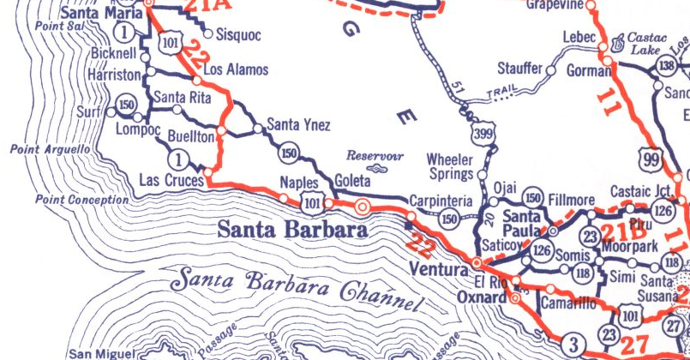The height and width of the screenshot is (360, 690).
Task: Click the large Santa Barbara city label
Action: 291,231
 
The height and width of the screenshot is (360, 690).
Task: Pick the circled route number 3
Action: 573,345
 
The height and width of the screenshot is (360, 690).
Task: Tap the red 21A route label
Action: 209,6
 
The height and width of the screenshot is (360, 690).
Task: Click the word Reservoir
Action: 374,156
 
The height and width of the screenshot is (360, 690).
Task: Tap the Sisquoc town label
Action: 237,36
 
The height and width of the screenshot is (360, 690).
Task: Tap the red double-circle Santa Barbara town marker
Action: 363,207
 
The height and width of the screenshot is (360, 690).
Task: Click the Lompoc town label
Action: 137,129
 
